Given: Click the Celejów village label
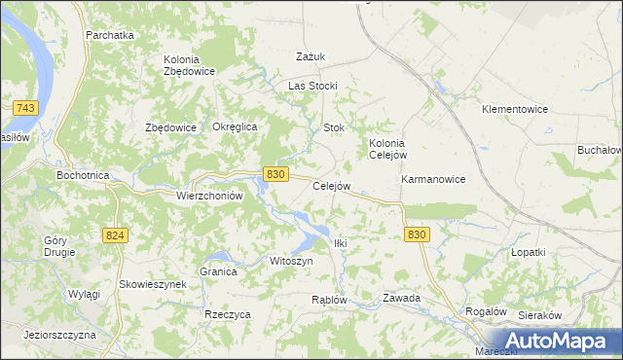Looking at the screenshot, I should [330, 186].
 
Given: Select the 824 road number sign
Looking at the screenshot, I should [115, 235].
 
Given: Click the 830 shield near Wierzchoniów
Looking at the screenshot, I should [275, 173].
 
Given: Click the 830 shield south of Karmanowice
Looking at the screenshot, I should [417, 235].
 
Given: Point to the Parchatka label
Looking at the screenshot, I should [109, 35].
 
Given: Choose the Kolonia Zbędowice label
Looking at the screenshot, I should [189, 65].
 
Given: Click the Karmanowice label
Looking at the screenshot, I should [433, 180].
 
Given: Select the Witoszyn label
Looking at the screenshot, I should [290, 262].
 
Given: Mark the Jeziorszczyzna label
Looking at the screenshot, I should [60, 334].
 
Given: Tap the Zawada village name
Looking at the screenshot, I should [401, 298].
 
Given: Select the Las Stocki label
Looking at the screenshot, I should [311, 86].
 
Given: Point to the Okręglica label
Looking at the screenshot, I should [234, 127].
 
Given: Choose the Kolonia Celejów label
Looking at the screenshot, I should [386, 148].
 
